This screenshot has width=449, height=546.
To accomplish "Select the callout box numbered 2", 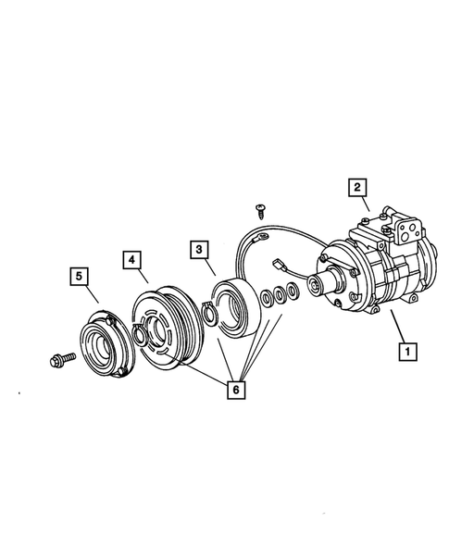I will coord(355,187).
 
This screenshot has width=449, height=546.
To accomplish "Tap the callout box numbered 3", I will coord(198,249).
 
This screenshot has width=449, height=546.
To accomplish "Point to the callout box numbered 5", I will coord(81,275).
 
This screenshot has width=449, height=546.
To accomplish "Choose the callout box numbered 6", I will coord(236,390).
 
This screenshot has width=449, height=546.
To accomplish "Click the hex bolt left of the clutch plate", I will coord(58,356).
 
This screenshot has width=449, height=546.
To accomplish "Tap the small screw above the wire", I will coord(261,212).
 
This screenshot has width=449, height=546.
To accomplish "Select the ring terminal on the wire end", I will coord(266,238).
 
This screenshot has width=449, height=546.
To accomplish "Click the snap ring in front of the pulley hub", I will coord(139,332).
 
